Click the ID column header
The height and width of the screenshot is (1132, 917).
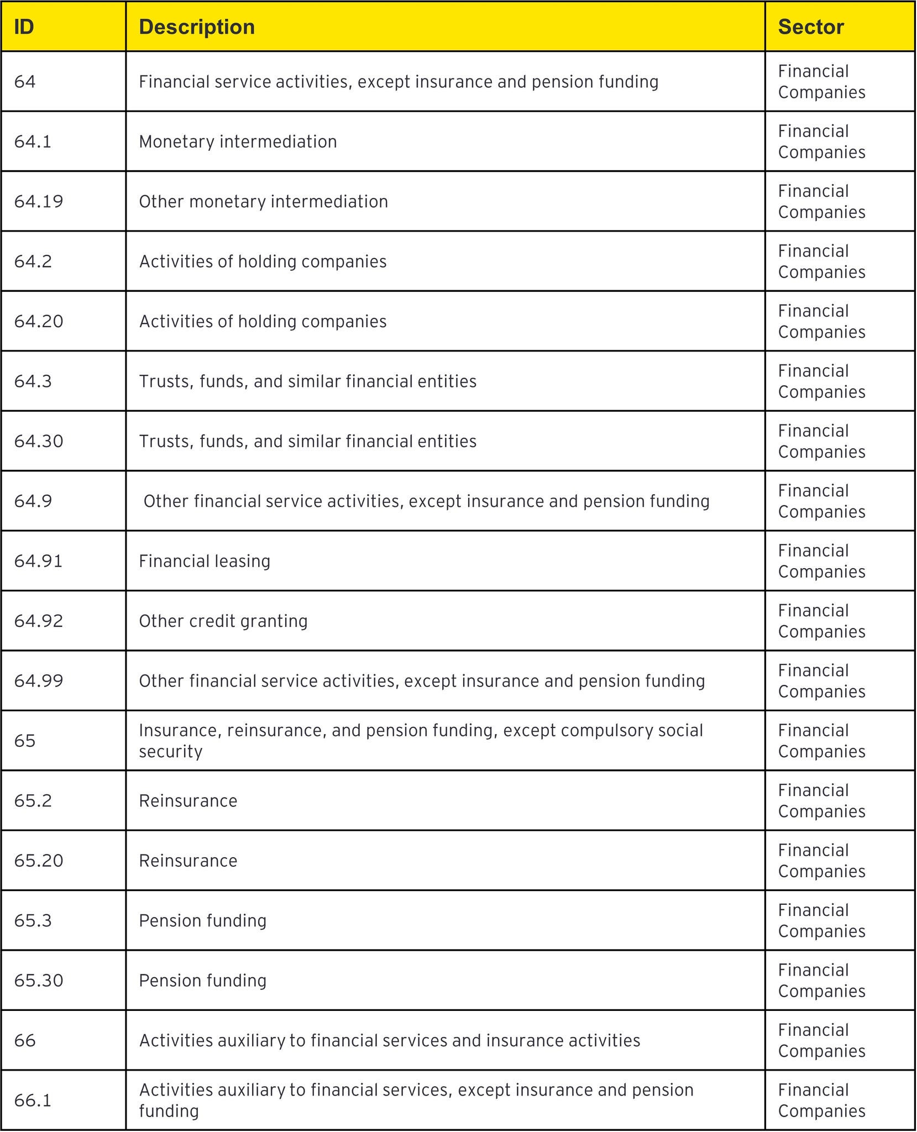coord(24,27)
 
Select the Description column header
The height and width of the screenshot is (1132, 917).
coord(197,27)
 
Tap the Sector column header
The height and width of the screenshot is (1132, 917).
coord(811,27)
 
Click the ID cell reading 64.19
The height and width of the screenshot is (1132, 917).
coord(39,201)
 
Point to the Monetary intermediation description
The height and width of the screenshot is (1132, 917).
coord(238,141)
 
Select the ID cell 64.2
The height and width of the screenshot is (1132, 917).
coord(33,261)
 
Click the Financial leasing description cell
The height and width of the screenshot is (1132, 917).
coord(205,561)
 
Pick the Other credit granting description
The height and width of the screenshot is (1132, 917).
coord(223,621)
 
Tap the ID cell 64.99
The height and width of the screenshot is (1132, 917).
coord(39,680)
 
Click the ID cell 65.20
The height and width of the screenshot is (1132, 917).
coord(39,861)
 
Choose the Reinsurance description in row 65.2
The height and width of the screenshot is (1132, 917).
coord(188,800)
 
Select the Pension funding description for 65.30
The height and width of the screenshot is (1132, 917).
coord(203,981)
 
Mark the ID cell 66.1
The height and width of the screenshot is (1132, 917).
coord(33,1100)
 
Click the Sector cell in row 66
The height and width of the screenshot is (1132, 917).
coord(821,1040)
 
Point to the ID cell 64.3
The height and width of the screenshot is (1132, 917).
coord(33,381)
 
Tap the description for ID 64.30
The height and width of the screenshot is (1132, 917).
coord(307,441)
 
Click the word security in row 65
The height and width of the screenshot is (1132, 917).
coord(170,752)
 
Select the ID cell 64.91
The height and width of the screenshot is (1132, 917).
coord(39,561)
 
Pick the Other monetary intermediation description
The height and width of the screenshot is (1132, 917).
coord(263,201)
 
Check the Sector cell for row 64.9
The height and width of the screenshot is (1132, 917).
coord(821,501)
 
